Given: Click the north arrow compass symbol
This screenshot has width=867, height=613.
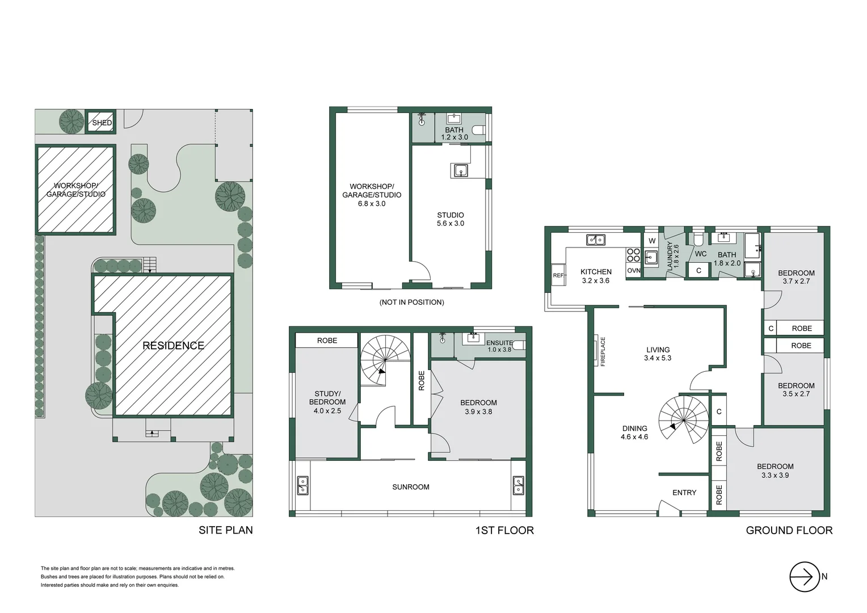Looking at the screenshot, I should (x=805, y=577).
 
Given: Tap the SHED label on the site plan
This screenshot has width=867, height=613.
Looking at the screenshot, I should (x=102, y=123).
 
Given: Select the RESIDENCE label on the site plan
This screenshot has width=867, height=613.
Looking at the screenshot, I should (x=173, y=345).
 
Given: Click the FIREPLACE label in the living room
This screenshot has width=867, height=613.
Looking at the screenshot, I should (x=603, y=351).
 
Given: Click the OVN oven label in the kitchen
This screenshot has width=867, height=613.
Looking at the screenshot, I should (x=634, y=271).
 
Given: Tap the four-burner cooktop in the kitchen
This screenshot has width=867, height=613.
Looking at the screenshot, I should (x=633, y=255).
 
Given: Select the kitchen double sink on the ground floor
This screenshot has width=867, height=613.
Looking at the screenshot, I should (x=595, y=240).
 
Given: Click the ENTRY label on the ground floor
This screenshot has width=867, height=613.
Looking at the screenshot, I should (x=684, y=493).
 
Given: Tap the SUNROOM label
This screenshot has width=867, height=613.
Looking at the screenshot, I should (x=410, y=487).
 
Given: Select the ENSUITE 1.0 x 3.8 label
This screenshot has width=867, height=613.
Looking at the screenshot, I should (x=499, y=346).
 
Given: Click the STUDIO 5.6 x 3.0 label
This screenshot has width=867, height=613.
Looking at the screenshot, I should (x=450, y=219).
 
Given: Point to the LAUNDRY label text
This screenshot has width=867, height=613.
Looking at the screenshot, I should (x=672, y=255).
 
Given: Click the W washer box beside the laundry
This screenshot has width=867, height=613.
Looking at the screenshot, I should (x=651, y=241).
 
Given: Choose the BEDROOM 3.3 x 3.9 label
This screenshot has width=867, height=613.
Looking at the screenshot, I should (x=775, y=471).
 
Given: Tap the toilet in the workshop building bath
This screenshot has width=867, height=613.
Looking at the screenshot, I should (x=478, y=131).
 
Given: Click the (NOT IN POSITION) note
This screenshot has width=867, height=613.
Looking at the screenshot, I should (x=411, y=302).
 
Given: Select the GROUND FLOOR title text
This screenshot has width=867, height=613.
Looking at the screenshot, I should (x=789, y=530).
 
